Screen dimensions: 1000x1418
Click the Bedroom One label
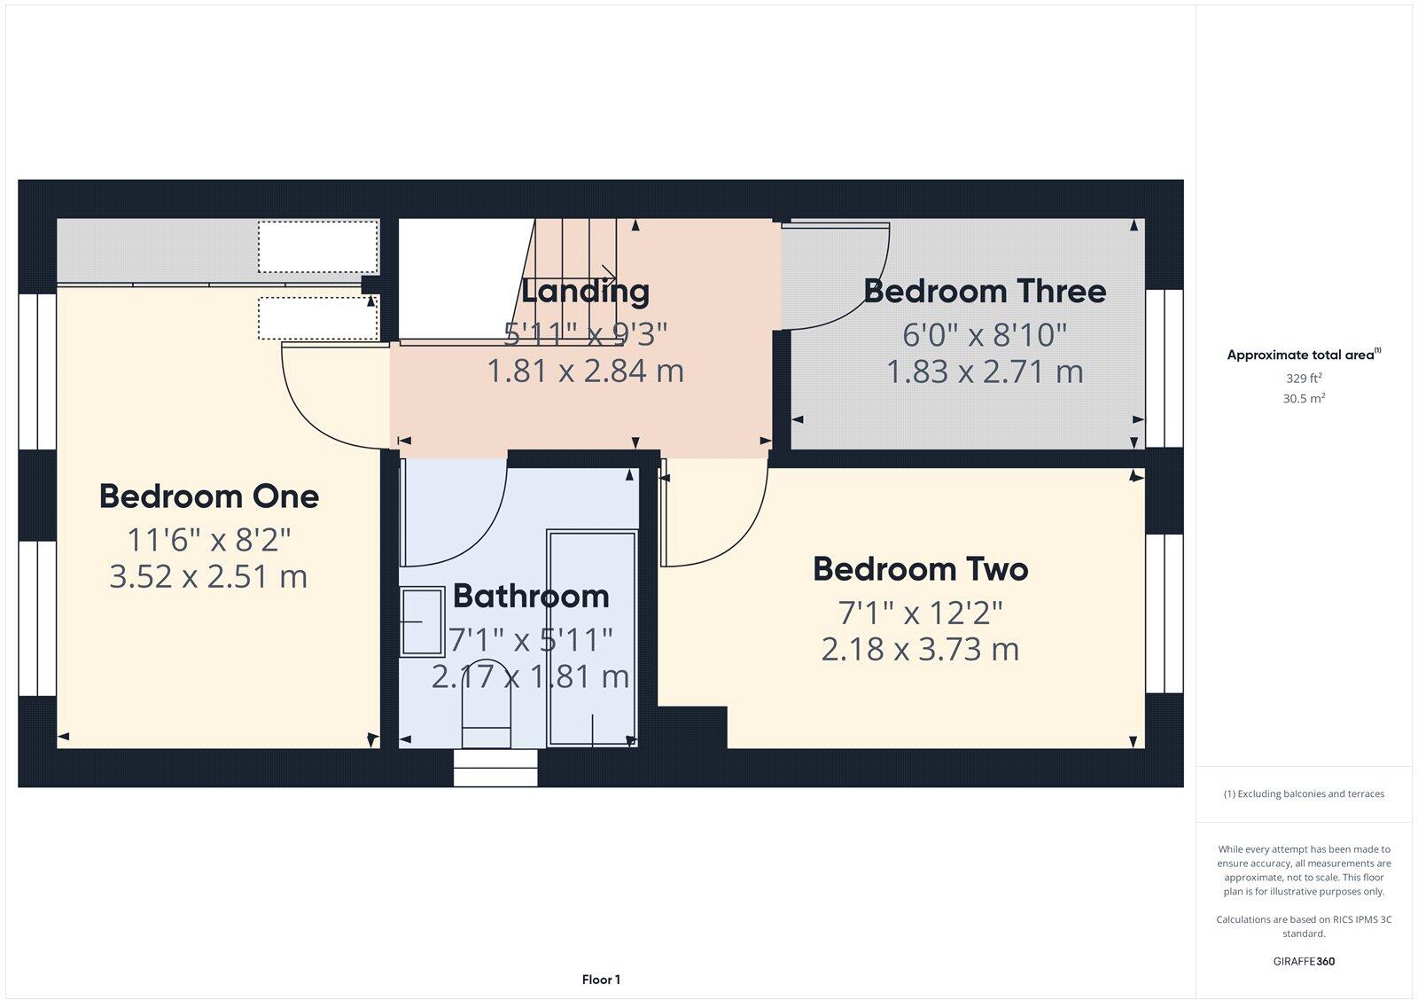click(x=208, y=496)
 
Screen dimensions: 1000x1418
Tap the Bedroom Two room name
click(x=920, y=569)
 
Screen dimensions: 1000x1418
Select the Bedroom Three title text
click(x=985, y=292)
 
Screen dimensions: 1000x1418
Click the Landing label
click(x=585, y=291)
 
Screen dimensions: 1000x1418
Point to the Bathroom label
click(x=531, y=596)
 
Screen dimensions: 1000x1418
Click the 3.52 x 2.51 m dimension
click(x=208, y=577)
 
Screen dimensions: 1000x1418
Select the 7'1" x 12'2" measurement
click(x=920, y=612)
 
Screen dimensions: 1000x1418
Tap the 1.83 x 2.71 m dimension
click(x=985, y=371)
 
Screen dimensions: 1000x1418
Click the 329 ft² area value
click(x=1304, y=378)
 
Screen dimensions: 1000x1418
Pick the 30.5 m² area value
click(x=1304, y=399)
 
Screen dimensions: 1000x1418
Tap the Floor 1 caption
click(x=601, y=980)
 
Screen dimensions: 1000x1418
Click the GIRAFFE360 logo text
click(x=1304, y=961)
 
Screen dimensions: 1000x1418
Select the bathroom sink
click(x=422, y=621)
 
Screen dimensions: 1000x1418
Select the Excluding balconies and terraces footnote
click(x=1304, y=794)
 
